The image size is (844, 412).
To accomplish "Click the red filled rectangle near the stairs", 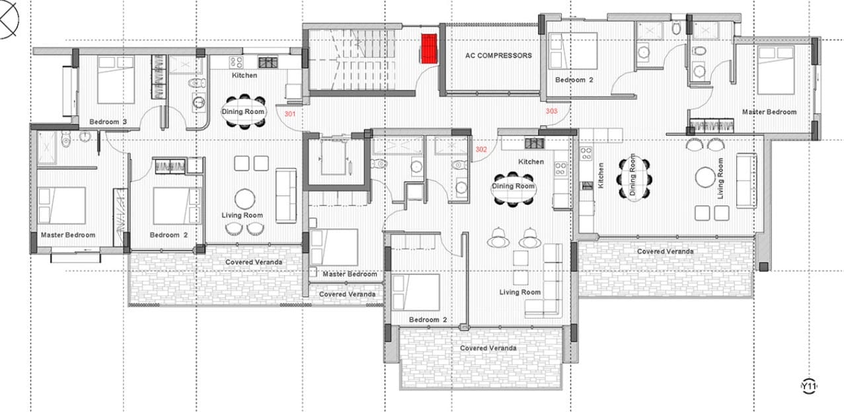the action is point(429,49).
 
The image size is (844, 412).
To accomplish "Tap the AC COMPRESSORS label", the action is point(498,56).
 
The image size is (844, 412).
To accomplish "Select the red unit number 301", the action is point(290,114).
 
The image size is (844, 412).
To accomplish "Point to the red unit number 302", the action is point(481,149).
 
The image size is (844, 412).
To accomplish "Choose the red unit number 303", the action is point(552,111).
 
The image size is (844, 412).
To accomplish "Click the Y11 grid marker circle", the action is point(808,386).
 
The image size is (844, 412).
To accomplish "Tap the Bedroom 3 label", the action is point(108,122).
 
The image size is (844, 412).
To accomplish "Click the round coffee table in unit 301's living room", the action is point(245,198).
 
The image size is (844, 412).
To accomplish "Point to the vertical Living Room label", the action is point(720,179).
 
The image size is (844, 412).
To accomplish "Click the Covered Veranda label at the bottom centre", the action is point(488,348).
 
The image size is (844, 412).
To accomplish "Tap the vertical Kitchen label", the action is point(601,175).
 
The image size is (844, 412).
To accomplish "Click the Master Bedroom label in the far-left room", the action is point(68,235).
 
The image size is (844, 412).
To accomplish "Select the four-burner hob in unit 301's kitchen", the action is point(236,62).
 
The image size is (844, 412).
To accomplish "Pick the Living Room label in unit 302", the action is point(520,292).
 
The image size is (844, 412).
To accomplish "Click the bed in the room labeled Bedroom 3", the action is point(116,79).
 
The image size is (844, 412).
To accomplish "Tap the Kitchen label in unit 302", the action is point(531,162).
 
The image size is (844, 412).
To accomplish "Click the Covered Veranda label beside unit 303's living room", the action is point(666,251).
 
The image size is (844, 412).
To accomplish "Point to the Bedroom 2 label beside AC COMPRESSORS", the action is point(574,80).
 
